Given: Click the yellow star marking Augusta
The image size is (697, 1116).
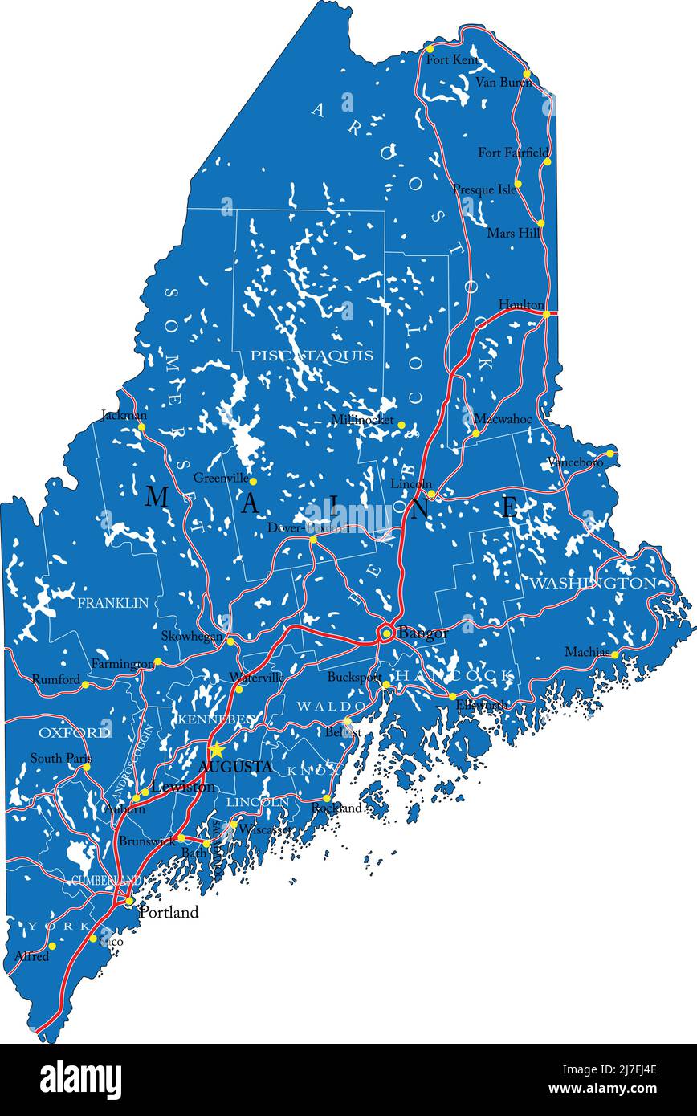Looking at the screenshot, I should coord(216,751).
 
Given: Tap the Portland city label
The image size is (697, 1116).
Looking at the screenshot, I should coord(169,913).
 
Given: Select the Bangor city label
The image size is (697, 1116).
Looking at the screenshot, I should coord(423,633).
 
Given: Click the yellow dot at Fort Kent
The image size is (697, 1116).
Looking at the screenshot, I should coord(430,49).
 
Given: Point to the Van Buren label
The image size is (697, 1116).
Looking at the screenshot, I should coord(503,82).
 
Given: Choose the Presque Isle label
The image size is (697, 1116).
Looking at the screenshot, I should coord(484,189).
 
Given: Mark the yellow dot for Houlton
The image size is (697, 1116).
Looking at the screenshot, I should coord(546,314).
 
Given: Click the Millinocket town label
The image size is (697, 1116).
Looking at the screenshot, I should coord(362,420).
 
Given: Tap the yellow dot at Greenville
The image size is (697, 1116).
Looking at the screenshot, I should coord(253,482).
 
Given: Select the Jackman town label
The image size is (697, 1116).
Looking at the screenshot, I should coord(124,415).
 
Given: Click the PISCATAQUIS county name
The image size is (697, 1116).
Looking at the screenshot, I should coord(311,355).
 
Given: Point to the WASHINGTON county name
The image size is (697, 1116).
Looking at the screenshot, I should coord(593,583).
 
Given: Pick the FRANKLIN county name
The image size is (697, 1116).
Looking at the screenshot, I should coord(112,602).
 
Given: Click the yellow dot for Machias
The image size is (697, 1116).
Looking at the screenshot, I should coord(614,655).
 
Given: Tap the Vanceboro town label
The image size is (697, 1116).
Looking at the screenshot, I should coord(575,462).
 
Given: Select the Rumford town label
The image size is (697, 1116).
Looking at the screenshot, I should coord(55,679).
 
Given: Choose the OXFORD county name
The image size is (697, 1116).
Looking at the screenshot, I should coord(75,732).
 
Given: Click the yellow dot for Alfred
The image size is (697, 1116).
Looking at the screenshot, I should coord(52,946).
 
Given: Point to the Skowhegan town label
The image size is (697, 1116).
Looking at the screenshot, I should coord(191,636).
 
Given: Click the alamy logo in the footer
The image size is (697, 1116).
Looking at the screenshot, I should coord(81,1080).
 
